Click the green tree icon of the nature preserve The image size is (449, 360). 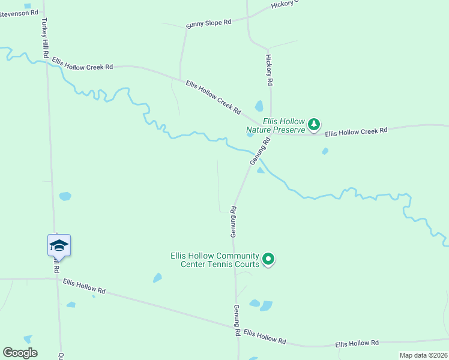(313, 125)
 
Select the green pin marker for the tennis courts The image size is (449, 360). (269, 259)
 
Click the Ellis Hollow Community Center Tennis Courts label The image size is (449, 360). (215, 260)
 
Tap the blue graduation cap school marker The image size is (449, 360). (59, 245)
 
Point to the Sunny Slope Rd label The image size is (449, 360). (208, 23)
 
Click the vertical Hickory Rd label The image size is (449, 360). (270, 70)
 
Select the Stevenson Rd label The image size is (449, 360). (19, 12)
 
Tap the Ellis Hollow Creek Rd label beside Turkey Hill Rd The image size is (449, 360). (82, 64)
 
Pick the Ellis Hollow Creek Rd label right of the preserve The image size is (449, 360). (357, 130)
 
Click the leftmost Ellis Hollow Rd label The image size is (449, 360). (84, 286)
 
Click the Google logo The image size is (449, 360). (20, 353)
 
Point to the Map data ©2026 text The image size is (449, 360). (423, 355)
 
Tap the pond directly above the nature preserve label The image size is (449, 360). (259, 106)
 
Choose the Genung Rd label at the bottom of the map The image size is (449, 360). (237, 320)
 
